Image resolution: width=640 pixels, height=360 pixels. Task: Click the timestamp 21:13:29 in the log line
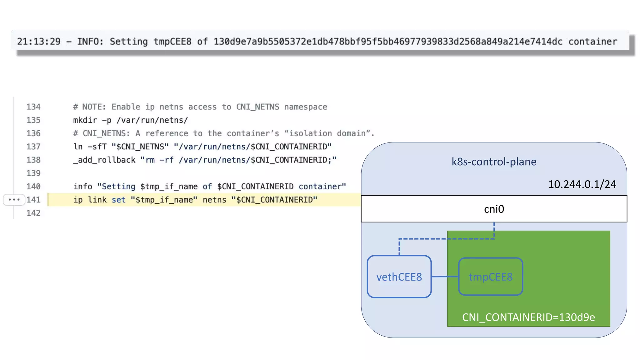tap(39, 42)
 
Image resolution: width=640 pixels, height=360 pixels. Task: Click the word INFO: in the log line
tap(90, 42)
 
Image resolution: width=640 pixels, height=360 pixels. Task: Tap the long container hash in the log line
tap(388, 42)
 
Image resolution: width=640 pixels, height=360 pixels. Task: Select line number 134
tap(33, 107)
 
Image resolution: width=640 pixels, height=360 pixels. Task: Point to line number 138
tap(33, 160)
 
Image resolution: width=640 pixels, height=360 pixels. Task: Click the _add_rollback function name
tap(104, 160)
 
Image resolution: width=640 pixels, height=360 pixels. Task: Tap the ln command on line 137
tap(78, 147)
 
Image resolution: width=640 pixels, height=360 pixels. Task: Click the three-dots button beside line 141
tap(14, 200)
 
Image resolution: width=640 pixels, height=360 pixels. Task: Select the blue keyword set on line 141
tap(118, 200)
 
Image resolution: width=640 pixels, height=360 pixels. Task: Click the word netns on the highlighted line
tap(214, 200)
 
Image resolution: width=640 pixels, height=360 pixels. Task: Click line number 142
tap(33, 213)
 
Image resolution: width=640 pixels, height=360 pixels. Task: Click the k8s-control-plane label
tap(494, 162)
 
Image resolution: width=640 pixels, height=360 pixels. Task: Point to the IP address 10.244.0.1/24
tap(582, 184)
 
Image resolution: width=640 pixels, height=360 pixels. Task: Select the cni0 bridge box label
tap(494, 209)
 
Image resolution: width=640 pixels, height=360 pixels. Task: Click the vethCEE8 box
tap(399, 277)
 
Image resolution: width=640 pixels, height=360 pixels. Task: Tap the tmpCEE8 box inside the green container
tap(490, 277)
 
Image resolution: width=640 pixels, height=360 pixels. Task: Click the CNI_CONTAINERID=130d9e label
tap(528, 317)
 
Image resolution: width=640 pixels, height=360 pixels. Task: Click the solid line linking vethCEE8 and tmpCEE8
tap(445, 277)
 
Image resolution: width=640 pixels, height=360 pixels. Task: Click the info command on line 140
tap(83, 187)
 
